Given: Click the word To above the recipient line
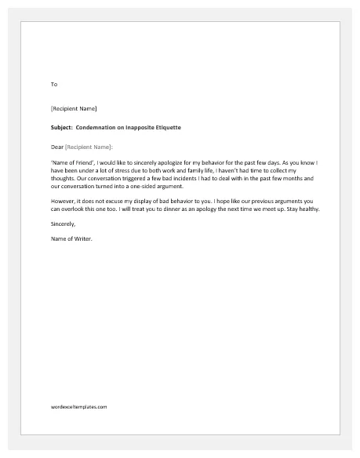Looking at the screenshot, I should (x=53, y=84).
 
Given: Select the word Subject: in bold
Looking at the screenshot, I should (x=61, y=127).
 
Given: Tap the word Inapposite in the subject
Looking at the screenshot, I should (x=147, y=127).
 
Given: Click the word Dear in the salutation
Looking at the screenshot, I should (x=56, y=147).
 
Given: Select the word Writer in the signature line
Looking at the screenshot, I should (x=82, y=239).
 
